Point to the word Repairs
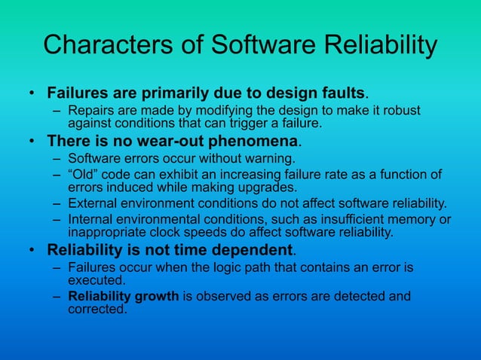tap(91, 112)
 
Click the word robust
tap(400, 112)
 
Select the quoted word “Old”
tap(84, 175)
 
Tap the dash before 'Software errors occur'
tap(57, 159)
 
